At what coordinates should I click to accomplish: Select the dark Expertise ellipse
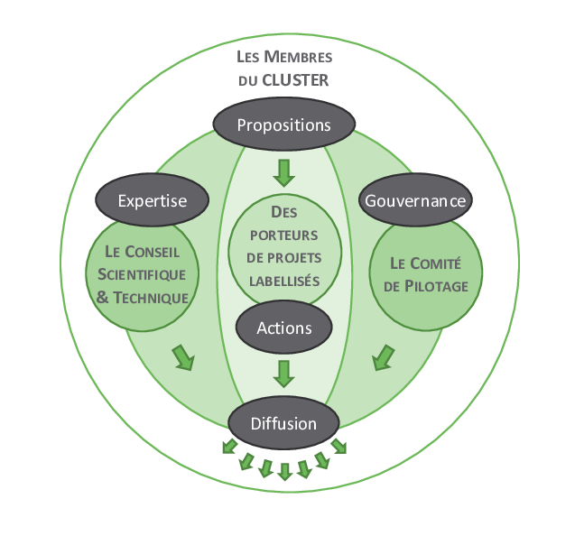click(x=153, y=200)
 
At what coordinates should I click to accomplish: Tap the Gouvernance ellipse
click(x=415, y=200)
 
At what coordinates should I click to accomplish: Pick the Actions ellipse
click(x=283, y=328)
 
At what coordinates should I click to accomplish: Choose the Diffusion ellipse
click(x=283, y=423)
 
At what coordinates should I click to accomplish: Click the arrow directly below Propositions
click(x=284, y=172)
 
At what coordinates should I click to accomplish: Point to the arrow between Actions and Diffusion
click(x=284, y=372)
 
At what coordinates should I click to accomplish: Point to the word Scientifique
click(x=141, y=274)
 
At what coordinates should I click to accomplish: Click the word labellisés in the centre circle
click(x=284, y=280)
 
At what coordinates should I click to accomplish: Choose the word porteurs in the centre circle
click(x=284, y=236)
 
